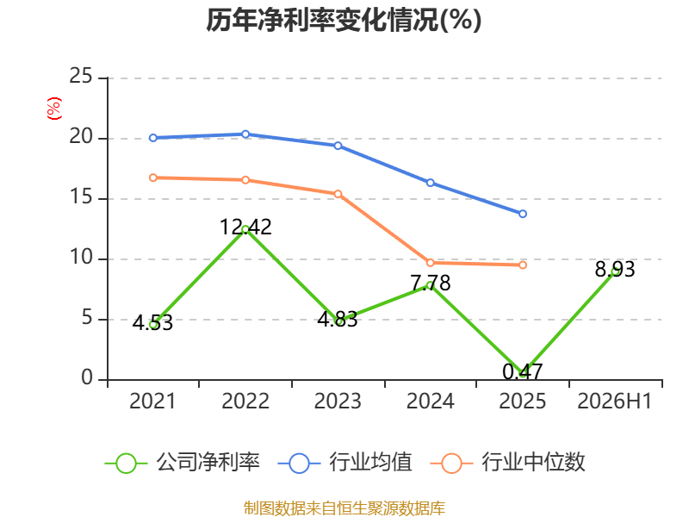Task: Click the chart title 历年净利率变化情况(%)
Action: [344, 20]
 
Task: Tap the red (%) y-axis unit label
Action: [54, 109]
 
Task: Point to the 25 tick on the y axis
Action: [81, 77]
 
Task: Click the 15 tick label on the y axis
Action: [81, 197]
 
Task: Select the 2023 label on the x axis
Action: [338, 401]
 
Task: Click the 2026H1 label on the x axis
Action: [614, 401]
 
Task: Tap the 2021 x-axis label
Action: [152, 401]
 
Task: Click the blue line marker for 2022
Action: [245, 134]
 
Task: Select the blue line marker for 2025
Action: [523, 214]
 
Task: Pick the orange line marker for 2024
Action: [431, 263]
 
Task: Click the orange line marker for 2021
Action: [153, 178]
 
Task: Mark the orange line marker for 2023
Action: [338, 194]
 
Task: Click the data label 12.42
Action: [245, 227]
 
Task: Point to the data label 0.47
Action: [523, 372]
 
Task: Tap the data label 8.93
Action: [615, 270]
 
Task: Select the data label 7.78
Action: [431, 283]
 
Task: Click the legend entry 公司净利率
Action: [183, 463]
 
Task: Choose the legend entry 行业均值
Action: [345, 463]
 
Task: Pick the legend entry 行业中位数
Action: [508, 463]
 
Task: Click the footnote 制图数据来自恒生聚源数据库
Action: [344, 508]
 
